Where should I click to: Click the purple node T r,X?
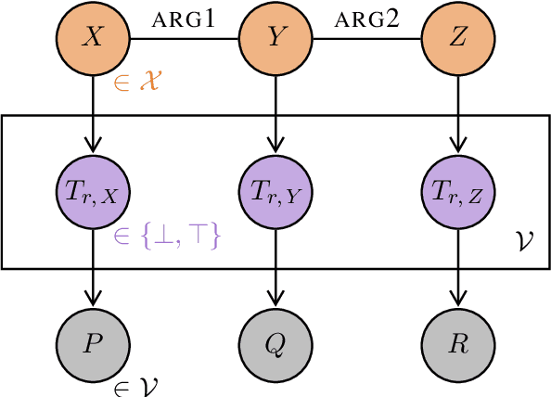93,192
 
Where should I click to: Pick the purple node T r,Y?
275,192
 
